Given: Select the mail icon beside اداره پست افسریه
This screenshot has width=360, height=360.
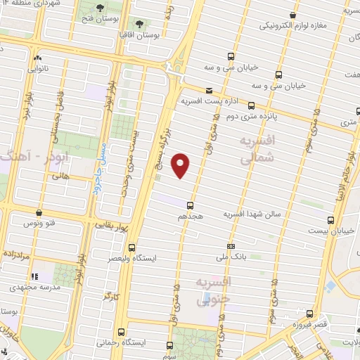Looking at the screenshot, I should (209, 91).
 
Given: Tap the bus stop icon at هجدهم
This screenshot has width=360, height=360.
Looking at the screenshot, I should (191, 205).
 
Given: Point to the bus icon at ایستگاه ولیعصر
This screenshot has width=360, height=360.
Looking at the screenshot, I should (132, 247).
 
